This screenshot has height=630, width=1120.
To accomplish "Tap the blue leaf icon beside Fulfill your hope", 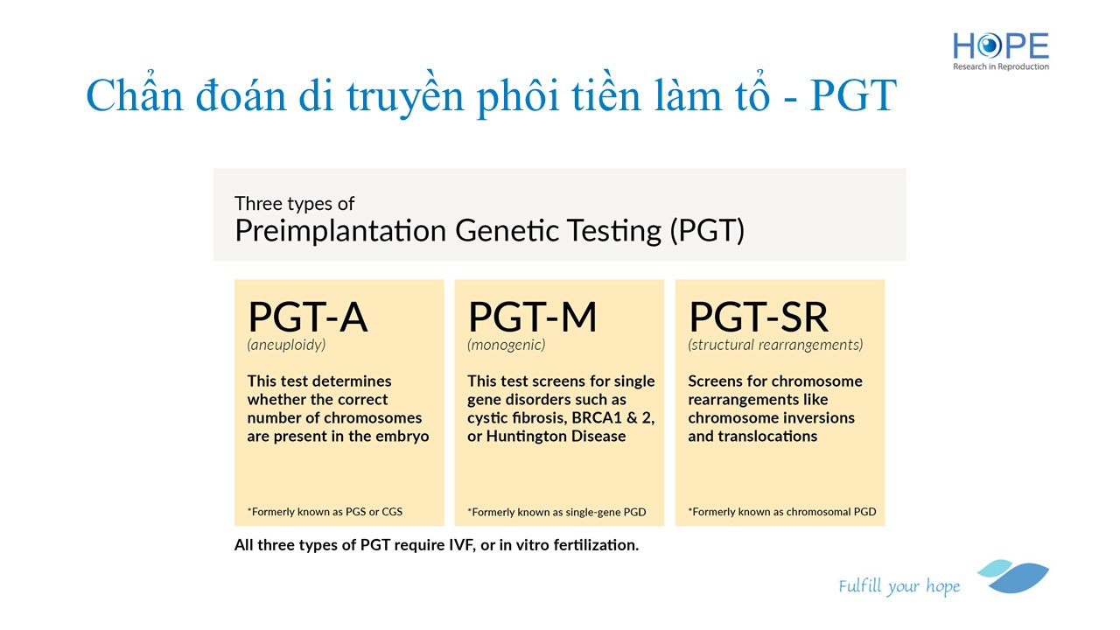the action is point(1013,576).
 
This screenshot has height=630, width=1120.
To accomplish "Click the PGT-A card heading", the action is point(307,317).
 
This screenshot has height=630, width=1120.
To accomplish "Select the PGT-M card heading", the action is point(533,317).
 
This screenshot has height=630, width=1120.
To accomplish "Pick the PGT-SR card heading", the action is point(758,317).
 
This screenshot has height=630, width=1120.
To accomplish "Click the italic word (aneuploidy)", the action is point(286,345).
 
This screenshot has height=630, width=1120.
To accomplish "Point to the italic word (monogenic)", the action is point(507,345).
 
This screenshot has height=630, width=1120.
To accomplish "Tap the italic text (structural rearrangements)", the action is point(775,345).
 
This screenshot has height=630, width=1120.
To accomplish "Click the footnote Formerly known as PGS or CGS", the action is point(325,512).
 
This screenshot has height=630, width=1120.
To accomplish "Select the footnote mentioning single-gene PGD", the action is point(556,512).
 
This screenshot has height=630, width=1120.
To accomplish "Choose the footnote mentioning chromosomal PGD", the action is point(782,512).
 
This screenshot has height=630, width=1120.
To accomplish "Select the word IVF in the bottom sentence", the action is point(461,545).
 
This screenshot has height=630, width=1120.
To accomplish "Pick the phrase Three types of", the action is point(295,204).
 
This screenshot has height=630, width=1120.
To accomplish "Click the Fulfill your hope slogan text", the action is point(899,586).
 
